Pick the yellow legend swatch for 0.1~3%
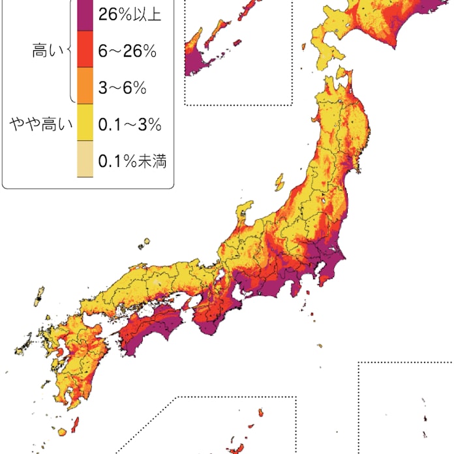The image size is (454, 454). [x=85, y=125]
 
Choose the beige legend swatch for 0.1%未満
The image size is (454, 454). [x=85, y=160]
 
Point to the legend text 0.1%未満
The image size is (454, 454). [x=132, y=160]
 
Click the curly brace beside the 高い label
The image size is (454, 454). [x=70, y=52]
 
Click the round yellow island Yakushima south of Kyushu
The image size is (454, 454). [x=62, y=432]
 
